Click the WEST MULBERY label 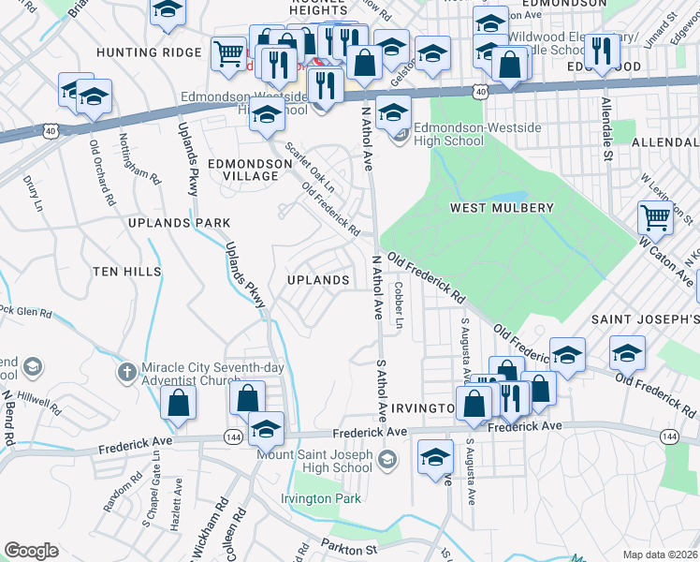tap(502, 207)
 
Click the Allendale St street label tap(606, 129)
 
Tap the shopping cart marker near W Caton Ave tap(655, 217)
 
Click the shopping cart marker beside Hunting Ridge tap(228, 53)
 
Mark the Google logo tap(31, 551)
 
